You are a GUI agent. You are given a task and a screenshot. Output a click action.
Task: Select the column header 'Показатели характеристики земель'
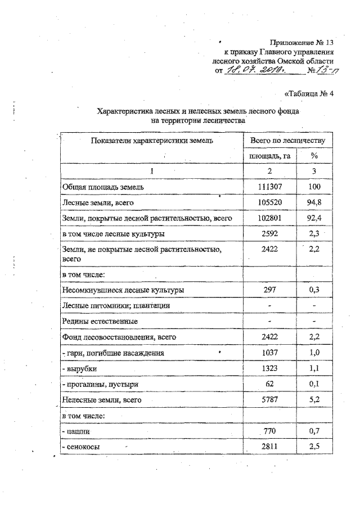pyautogui.click(x=152, y=140)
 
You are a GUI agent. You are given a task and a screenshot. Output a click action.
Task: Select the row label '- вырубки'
pyautogui.click(x=83, y=368)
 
